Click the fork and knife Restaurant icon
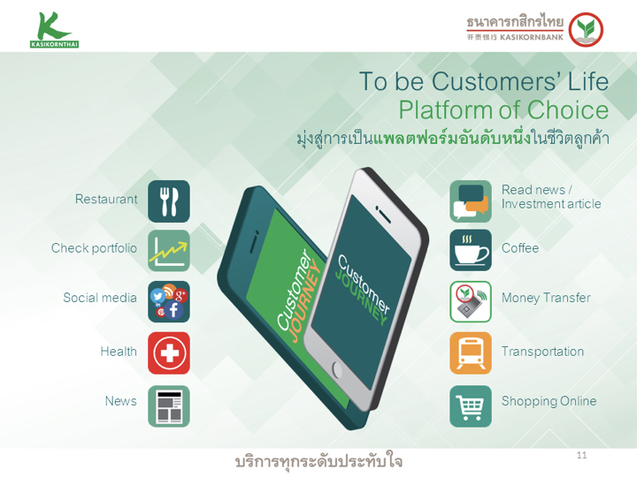pyautogui.click(x=169, y=201)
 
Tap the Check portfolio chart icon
pyautogui.click(x=169, y=251)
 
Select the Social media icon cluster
pyautogui.click(x=169, y=302)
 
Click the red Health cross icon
pyautogui.click(x=169, y=352)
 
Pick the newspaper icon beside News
pyautogui.click(x=169, y=406)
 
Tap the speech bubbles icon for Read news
pyautogui.click(x=471, y=201)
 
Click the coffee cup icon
pyautogui.click(x=471, y=250)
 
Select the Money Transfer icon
pyautogui.click(x=471, y=302)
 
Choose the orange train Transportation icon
pyautogui.click(x=471, y=352)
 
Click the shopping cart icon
pyautogui.click(x=471, y=406)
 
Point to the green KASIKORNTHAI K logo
pyautogui.click(x=55, y=30)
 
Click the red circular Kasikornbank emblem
pyautogui.click(x=586, y=30)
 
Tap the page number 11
pyautogui.click(x=582, y=455)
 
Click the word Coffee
pyautogui.click(x=520, y=248)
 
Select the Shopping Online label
pyautogui.click(x=549, y=401)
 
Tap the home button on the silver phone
pyautogui.click(x=337, y=369)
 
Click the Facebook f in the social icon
pyautogui.click(x=173, y=310)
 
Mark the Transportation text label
pyautogui.click(x=542, y=352)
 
